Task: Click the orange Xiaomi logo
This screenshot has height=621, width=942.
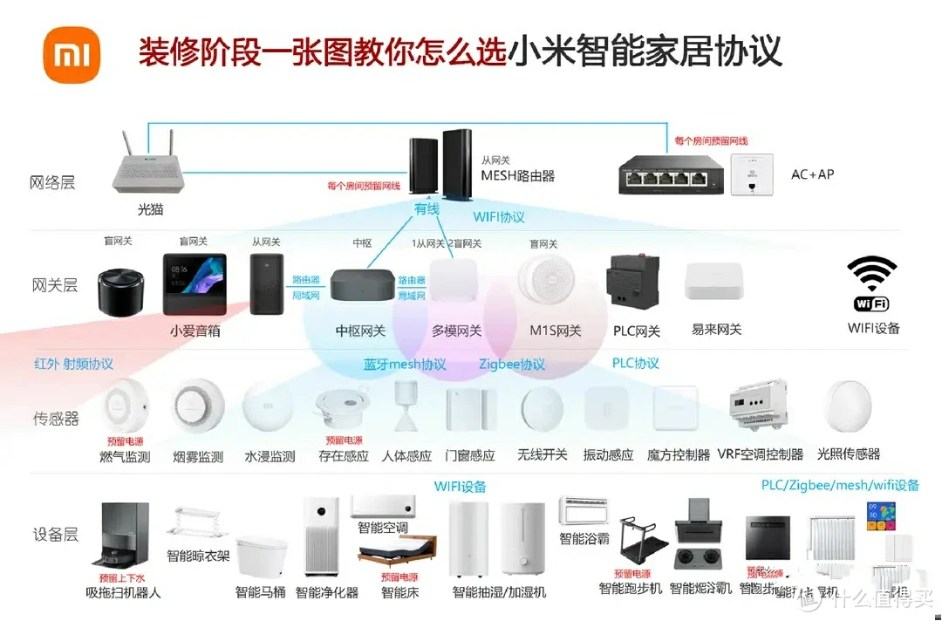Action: coord(72,54)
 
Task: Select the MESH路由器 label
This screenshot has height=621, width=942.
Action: coord(518,175)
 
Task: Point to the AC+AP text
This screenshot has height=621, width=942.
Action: coord(812,174)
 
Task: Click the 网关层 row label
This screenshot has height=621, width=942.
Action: coord(55,285)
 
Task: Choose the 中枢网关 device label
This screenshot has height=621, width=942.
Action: coord(360,331)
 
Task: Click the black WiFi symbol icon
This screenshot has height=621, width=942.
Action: coord(873,278)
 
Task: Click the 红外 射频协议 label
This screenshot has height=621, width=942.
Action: coord(74,364)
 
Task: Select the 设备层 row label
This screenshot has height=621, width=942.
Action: coord(55,535)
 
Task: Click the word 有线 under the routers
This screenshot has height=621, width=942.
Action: coord(427,208)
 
